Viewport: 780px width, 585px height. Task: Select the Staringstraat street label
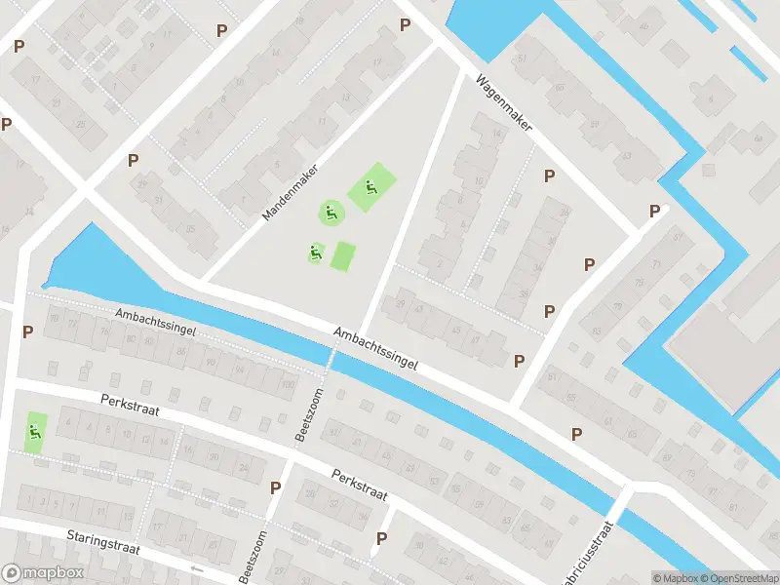(x=104, y=542)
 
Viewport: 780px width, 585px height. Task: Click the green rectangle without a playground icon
(x=343, y=256)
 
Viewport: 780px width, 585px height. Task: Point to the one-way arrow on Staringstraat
(x=198, y=567)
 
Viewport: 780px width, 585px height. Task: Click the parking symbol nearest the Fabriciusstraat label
(x=576, y=433)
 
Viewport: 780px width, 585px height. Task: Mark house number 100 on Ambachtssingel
(x=287, y=384)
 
